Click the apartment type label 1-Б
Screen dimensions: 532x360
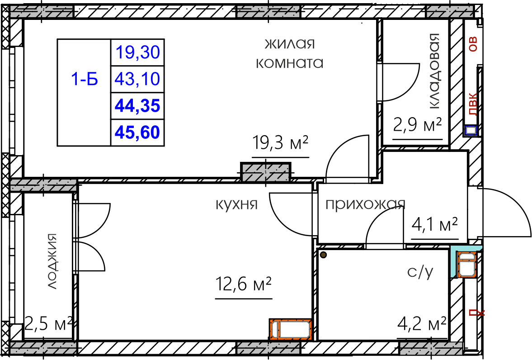coord(85,79)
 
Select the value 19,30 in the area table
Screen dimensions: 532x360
coord(138,52)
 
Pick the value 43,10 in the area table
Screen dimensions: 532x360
coord(137,79)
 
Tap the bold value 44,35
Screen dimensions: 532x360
coord(137,106)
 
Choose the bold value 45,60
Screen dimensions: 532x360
coord(137,132)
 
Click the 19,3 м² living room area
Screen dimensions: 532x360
coord(280,143)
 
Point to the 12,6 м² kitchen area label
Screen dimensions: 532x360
coord(244,284)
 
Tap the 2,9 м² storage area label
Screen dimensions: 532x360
coord(418,125)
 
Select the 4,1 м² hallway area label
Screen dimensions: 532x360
coord(435,224)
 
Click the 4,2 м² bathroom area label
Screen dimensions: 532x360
coord(422,324)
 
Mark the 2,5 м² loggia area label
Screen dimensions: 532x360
coord(48,324)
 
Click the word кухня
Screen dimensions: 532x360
coord(237,205)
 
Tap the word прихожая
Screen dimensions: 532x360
coord(365,204)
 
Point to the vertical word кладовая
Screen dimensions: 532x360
coord(434,71)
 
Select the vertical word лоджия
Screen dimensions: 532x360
coord(52,261)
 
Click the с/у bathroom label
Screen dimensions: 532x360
coord(420,272)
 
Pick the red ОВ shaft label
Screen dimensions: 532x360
coord(472,44)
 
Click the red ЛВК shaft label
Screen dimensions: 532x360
coord(472,104)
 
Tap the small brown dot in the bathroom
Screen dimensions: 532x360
coord(323,254)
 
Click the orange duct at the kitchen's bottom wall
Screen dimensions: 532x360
coord(291,329)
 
